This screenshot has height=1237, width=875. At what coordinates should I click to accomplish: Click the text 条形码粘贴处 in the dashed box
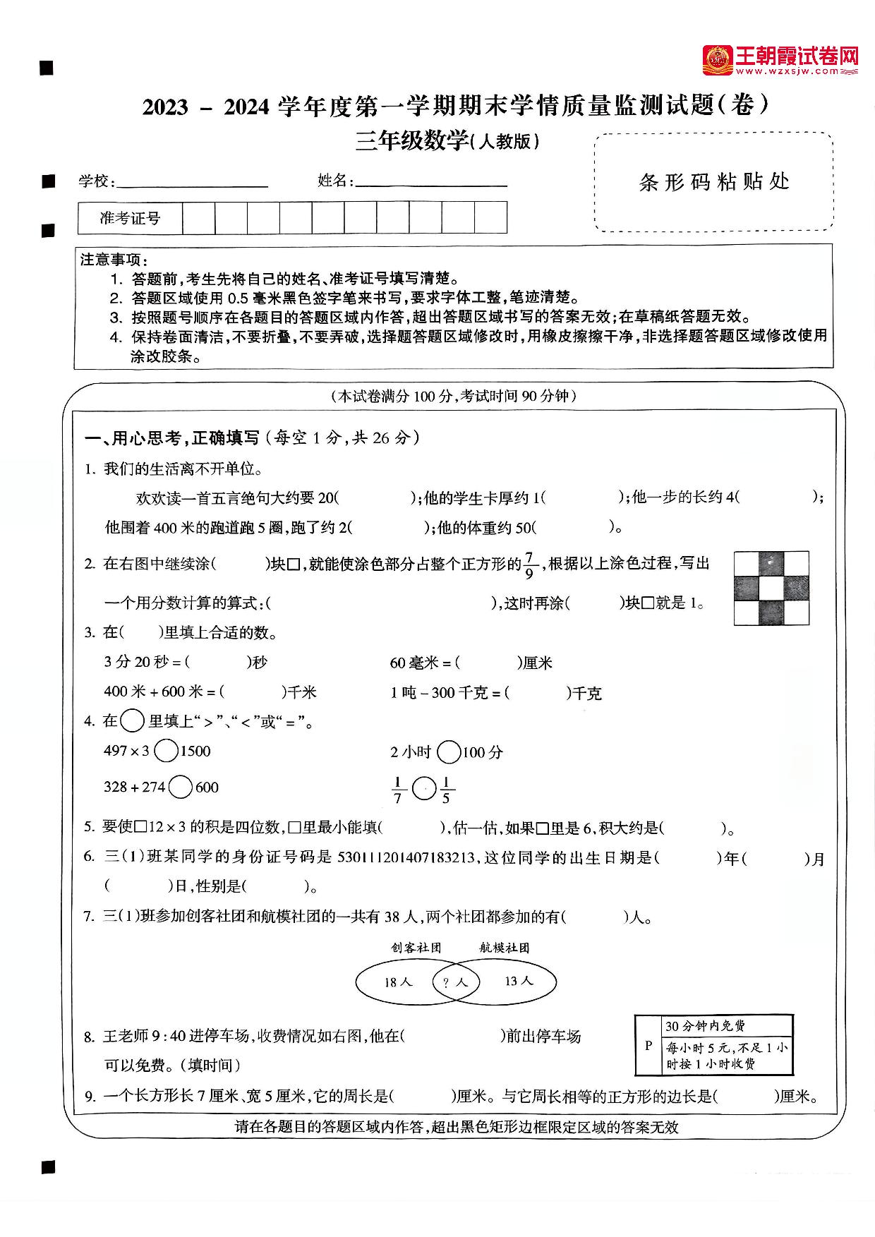pyautogui.click(x=713, y=182)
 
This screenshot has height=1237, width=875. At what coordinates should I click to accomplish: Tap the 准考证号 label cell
pyautogui.click(x=130, y=218)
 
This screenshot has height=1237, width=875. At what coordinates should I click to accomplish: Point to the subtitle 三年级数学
pyautogui.click(x=412, y=142)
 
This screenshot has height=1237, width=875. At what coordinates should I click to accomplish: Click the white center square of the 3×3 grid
pyautogui.click(x=771, y=589)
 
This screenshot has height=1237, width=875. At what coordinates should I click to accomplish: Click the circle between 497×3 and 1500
pyautogui.click(x=166, y=751)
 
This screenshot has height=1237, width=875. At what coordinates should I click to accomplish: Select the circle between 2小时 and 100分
pyautogui.click(x=449, y=752)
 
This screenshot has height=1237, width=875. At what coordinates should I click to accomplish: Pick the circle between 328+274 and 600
pyautogui.click(x=181, y=787)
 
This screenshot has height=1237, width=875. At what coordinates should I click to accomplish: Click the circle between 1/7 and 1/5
pyautogui.click(x=423, y=788)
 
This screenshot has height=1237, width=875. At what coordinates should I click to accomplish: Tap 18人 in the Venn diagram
pyautogui.click(x=397, y=982)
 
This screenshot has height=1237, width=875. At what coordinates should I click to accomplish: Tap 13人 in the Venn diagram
pyautogui.click(x=519, y=981)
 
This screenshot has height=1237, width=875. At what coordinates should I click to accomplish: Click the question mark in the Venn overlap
pyautogui.click(x=446, y=982)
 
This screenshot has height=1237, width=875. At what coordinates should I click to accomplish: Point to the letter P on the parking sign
pyautogui.click(x=648, y=1046)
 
